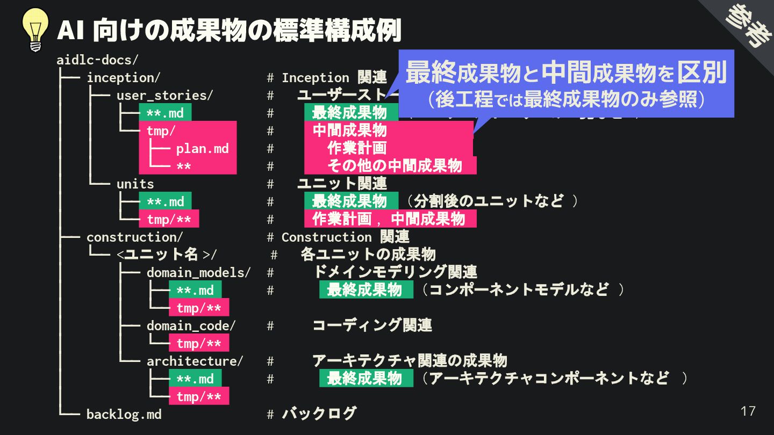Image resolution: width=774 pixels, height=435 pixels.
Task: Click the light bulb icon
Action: coord(35,30)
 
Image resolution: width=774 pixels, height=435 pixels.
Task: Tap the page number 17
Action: coord(748,411)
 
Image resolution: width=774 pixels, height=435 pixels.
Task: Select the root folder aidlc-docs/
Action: coord(97,60)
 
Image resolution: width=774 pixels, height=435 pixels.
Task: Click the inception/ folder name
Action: coord(123,77)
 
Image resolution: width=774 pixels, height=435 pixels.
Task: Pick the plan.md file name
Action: coord(203,148)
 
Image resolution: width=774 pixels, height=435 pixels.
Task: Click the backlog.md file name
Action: coord(124,414)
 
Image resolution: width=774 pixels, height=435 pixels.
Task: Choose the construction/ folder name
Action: coord(134,237)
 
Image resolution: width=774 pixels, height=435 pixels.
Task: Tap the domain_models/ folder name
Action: coord(198,272)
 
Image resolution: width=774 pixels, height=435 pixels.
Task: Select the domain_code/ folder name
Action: coord(191,325)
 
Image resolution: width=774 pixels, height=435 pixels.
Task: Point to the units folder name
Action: coord(135,184)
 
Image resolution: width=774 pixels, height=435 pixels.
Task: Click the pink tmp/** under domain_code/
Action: coord(199,343)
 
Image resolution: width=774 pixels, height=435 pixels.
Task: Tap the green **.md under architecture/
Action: coord(195,379)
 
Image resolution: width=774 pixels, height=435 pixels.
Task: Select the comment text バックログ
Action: coord(319,414)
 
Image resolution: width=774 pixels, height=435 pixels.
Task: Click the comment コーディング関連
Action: coord(372,325)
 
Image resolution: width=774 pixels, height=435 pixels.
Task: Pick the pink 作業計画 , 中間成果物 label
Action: coord(390,219)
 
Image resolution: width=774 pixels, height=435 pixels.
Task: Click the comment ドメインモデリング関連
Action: coord(395,272)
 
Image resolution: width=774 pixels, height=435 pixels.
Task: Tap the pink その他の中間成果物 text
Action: coord(395,165)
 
